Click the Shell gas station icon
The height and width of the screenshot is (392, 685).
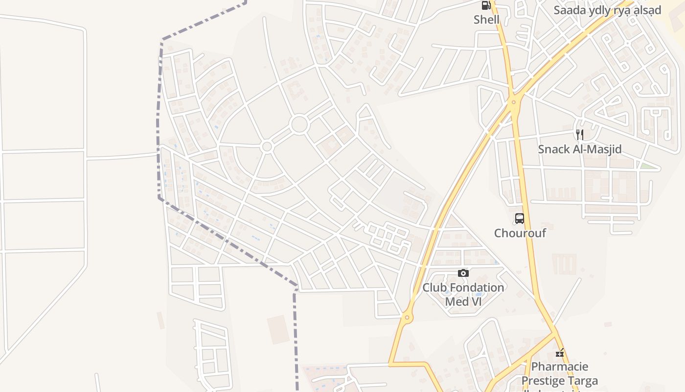click(486, 5)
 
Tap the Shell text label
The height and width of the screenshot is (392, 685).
click(486, 20)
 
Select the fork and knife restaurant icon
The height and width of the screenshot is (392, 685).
click(580, 134)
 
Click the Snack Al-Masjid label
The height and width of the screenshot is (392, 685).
click(580, 149)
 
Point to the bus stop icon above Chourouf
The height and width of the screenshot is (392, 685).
click(520, 219)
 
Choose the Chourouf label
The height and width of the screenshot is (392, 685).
click(520, 233)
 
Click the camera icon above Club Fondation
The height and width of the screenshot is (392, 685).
click(463, 273)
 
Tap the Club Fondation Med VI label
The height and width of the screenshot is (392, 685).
click(463, 294)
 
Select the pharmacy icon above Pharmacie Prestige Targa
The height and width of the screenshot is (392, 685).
click(560, 352)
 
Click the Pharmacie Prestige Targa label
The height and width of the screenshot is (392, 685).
click(560, 373)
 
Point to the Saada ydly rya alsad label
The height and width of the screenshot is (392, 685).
click(607, 10)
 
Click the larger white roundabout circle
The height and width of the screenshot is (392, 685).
click(299, 124)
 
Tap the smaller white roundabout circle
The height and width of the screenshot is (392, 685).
click(267, 146)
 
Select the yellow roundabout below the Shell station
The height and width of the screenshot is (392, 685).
click(513, 102)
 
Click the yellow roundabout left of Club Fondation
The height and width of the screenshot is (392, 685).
click(407, 318)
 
